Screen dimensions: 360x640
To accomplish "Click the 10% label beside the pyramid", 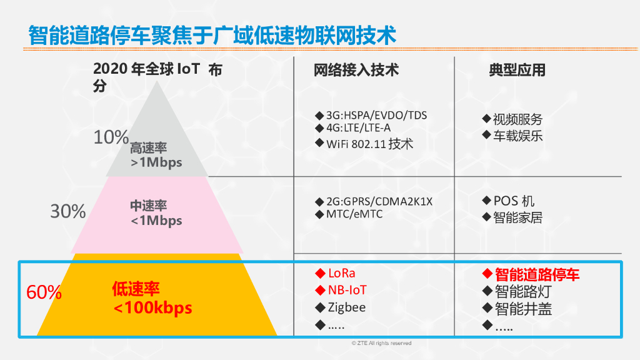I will click(x=111, y=137).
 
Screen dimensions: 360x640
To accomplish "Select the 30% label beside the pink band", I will click(x=68, y=212).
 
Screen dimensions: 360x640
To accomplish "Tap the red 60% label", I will click(x=44, y=292).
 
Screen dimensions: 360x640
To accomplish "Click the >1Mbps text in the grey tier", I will click(x=156, y=162).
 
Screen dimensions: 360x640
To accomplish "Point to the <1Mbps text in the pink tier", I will click(x=156, y=221).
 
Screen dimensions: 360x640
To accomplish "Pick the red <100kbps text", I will click(x=152, y=308).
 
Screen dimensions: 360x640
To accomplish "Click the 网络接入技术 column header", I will click(x=356, y=70).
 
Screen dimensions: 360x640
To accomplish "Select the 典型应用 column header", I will click(x=517, y=70).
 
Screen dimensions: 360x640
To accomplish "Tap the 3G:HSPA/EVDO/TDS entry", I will click(x=376, y=116).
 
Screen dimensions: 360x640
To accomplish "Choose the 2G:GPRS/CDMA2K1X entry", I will click(x=379, y=202).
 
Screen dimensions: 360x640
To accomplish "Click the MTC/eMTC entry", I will click(x=354, y=214).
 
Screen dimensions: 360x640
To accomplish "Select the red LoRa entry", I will click(x=341, y=273).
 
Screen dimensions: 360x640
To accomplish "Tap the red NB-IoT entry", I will click(x=347, y=290).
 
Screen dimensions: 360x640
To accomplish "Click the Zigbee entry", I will click(x=346, y=307).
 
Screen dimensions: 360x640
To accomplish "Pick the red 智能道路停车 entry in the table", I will click(x=537, y=274).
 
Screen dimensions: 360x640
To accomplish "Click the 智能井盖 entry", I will click(x=523, y=308).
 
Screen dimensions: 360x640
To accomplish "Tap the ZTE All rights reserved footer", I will click(x=382, y=343).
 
